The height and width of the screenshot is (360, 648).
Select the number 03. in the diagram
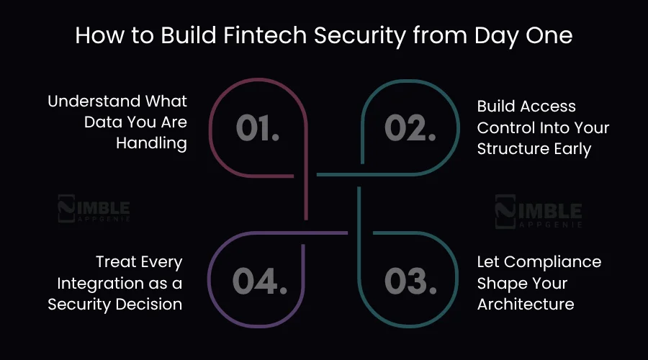click(x=410, y=281)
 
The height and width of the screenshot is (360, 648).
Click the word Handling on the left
click(x=152, y=143)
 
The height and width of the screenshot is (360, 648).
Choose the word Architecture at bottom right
click(x=526, y=304)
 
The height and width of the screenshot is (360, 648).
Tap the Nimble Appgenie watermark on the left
click(x=94, y=209)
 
